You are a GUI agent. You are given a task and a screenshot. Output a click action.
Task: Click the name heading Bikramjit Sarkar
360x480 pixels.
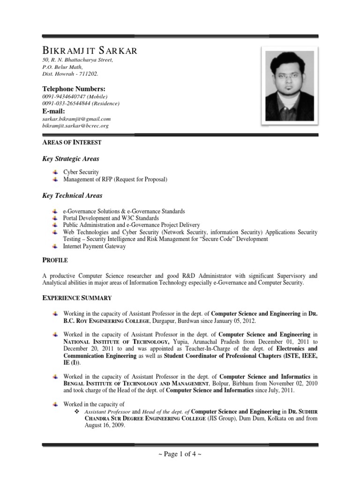[90, 51]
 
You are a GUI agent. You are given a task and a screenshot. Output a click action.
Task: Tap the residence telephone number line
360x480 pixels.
[81, 103]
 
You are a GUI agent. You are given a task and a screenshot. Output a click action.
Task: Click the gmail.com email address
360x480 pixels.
[76, 119]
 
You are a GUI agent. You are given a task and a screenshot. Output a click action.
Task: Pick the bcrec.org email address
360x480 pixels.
[75, 126]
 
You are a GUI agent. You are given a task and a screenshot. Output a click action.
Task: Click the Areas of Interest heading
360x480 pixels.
[72, 142]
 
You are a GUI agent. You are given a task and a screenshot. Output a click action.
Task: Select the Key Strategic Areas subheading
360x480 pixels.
[71, 159]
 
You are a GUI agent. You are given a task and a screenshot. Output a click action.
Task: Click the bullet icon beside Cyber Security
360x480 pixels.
[55, 172]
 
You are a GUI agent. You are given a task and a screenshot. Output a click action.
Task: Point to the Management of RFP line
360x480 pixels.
[115, 179]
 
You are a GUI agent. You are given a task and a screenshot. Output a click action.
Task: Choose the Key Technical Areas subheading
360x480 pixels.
[72, 195]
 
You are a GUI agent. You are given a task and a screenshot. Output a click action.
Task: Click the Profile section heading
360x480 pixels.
[55, 260]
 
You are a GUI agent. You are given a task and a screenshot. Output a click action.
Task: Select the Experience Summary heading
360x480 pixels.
[77, 298]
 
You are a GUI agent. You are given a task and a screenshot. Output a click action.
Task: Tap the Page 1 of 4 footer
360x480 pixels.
[180, 454]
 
